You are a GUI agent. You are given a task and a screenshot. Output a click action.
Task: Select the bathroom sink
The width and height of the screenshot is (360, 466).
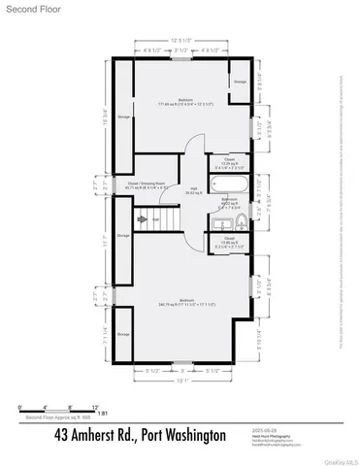[218, 222]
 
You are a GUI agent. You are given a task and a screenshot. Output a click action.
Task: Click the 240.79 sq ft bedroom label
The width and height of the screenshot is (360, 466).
[180, 301]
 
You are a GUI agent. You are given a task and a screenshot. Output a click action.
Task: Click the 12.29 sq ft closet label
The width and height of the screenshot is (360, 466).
[230, 162]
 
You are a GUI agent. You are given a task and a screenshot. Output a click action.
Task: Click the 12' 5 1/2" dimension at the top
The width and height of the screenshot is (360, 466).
[180, 40]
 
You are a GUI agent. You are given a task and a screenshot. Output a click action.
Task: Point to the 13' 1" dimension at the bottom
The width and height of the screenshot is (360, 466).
[180, 381]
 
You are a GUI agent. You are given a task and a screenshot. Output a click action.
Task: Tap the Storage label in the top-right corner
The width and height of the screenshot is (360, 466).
[240, 82]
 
